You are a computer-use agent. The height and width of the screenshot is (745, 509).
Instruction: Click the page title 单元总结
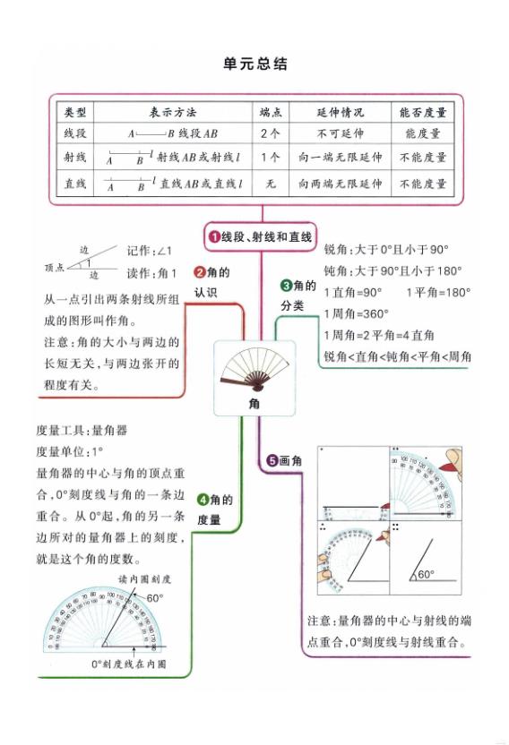coord(254,64)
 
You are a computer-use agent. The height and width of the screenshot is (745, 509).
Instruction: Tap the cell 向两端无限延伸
coord(340,184)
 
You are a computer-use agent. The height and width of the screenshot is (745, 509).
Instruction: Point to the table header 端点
coord(270,114)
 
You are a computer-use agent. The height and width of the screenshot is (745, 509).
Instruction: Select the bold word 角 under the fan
coord(254,405)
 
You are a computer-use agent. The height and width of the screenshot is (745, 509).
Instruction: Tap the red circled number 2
coord(201,272)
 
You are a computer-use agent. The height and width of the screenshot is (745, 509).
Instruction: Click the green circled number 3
coord(286,286)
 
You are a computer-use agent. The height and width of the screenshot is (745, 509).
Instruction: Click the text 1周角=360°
coord(357,313)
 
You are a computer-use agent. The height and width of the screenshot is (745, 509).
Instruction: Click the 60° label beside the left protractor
coord(155,597)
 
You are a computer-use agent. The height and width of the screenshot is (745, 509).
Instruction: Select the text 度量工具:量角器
coord(82,431)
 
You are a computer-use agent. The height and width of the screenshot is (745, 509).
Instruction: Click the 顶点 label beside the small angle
coord(56,267)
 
